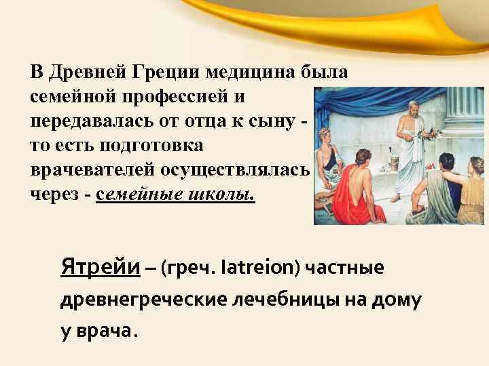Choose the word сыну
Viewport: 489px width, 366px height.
pos(280,121)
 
